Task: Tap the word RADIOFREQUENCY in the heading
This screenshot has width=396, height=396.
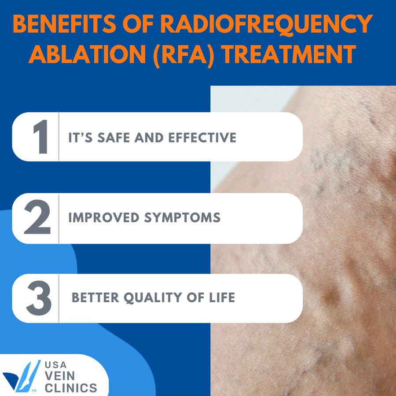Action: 267,24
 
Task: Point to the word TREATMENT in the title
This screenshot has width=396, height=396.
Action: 289,54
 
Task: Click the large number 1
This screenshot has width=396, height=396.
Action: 41,137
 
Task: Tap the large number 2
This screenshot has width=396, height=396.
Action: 37,217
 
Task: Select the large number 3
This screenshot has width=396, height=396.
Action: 39,298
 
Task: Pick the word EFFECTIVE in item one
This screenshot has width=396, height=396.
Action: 202,138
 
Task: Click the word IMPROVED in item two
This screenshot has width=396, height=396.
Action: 104,217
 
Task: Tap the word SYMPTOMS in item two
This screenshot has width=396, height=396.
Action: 182,217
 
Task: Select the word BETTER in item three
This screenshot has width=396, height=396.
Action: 95,297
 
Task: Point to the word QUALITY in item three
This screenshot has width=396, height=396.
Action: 153,298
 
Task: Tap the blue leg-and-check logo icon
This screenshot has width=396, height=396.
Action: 22,376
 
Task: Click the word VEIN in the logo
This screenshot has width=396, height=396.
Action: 60,376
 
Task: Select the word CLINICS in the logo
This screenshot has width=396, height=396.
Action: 71,388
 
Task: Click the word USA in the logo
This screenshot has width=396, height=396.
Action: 56,365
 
